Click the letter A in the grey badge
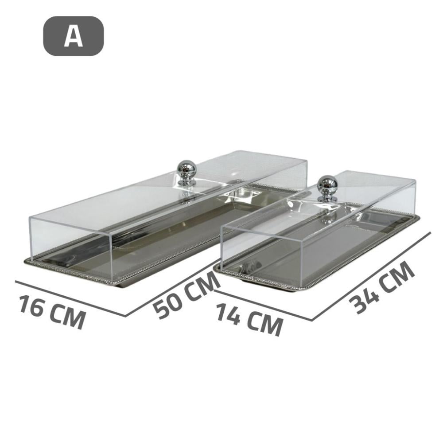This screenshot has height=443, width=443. [73, 36]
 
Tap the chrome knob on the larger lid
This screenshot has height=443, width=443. [187, 172]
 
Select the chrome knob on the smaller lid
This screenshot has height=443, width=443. [327, 188]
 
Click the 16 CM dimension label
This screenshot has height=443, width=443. [52, 311]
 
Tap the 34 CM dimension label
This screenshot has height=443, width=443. [382, 287]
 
